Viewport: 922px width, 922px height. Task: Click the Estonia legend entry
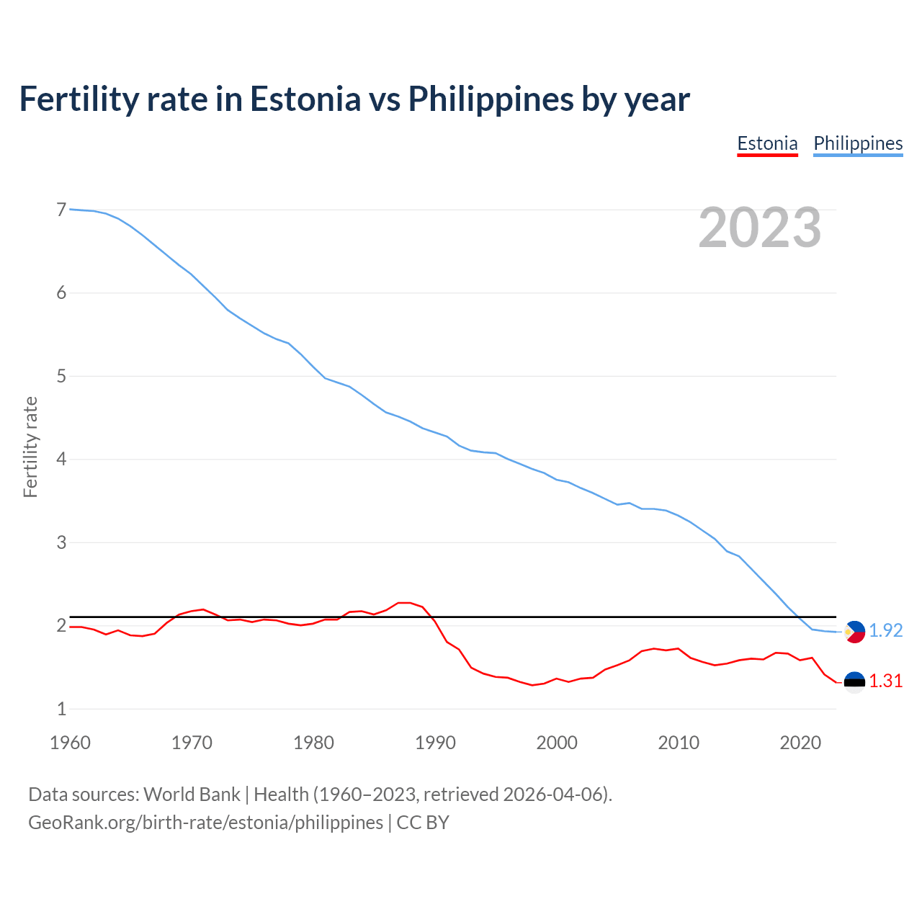767,143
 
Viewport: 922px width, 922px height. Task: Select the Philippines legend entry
858,143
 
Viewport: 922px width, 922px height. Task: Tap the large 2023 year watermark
760,228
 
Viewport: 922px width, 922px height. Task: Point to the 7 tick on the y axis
61,210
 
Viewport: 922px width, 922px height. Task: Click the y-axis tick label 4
61,459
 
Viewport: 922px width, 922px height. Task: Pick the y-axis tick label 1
61,709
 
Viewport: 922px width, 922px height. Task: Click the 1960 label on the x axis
70,743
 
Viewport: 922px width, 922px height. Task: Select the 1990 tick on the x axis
435,743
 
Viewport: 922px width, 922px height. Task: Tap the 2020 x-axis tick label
800,743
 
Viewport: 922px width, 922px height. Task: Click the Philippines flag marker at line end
854,632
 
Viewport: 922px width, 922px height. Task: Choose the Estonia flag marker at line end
854,681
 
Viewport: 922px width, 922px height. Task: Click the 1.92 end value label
885,631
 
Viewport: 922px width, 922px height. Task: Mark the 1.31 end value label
885,681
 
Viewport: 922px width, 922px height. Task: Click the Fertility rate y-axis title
30,447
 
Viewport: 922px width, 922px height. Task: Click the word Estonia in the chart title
305,99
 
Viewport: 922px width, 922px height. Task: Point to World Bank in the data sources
192,795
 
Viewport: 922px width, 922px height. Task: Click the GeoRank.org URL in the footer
205,823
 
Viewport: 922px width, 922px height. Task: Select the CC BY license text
423,823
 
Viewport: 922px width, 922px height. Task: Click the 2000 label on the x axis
557,743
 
